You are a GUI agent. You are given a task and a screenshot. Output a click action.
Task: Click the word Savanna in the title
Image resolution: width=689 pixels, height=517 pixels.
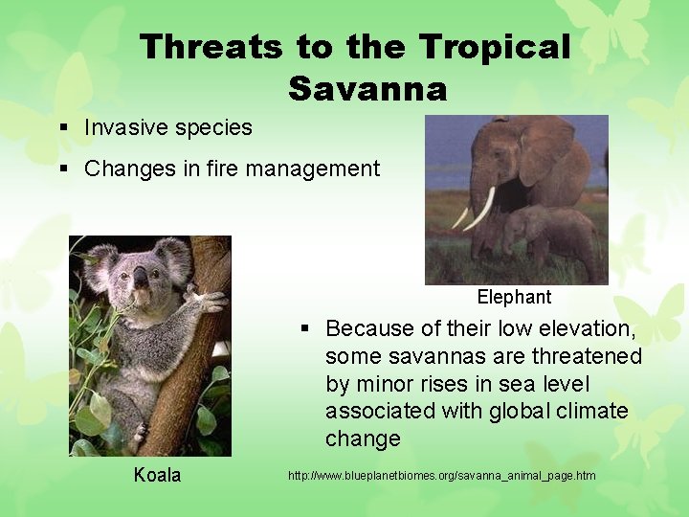click(x=367, y=88)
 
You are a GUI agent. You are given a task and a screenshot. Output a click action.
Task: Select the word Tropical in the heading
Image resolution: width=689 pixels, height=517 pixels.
click(x=495, y=47)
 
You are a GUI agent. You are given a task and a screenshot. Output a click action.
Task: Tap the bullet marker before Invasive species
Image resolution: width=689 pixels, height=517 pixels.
click(x=62, y=128)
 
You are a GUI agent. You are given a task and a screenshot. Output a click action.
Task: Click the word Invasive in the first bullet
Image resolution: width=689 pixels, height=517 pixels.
click(x=121, y=127)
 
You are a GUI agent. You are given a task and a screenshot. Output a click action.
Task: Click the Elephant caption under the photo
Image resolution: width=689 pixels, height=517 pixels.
click(x=514, y=297)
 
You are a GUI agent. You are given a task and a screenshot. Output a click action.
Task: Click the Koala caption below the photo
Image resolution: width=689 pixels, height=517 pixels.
click(x=157, y=475)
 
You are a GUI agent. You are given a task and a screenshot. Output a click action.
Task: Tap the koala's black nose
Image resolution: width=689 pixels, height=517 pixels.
click(x=140, y=277)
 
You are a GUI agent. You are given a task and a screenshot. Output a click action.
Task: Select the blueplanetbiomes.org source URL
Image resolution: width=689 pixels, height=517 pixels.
click(x=441, y=476)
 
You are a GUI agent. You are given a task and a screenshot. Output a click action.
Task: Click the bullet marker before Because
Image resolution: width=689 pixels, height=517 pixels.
click(x=304, y=328)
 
